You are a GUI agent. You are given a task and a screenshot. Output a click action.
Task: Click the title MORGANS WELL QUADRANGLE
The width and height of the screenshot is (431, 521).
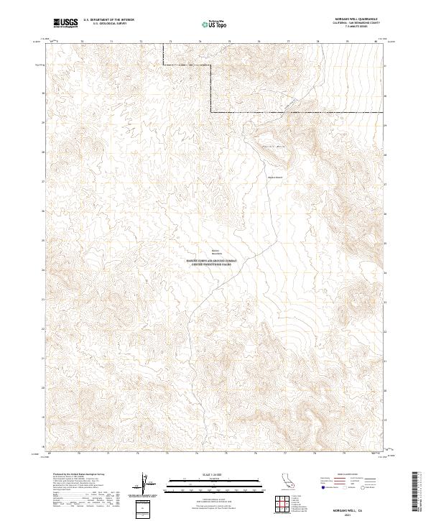coord(356,19)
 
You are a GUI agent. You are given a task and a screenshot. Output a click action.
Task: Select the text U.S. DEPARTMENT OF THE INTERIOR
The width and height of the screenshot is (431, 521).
coord(108,20)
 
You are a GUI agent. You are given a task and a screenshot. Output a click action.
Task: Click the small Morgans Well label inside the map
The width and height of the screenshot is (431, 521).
coord(275,176)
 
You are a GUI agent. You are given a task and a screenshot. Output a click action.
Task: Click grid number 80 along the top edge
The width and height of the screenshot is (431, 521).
coord(376,42)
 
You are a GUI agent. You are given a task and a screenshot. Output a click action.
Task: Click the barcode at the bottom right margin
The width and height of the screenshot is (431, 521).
coord(414,492)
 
